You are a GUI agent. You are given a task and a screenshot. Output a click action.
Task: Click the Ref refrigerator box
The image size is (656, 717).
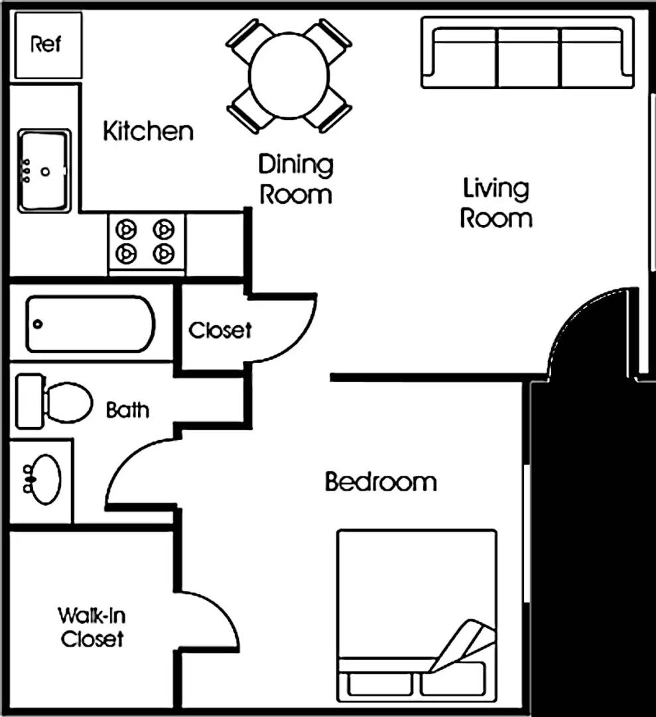[48, 45]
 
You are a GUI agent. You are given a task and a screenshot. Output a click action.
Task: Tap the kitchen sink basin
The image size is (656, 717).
[44, 171]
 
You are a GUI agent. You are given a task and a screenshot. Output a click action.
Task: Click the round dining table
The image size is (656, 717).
[289, 76]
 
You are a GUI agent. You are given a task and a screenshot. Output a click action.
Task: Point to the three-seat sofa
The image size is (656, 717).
[527, 52]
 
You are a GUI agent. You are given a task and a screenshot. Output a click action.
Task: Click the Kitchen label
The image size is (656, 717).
[148, 131]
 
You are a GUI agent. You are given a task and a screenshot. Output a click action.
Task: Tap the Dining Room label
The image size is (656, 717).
[296, 179]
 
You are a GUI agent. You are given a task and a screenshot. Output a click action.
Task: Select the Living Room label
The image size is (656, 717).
[496, 203]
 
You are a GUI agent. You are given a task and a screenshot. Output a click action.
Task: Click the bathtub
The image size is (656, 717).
[90, 324]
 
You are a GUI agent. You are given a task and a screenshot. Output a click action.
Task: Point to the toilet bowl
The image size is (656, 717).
[68, 402]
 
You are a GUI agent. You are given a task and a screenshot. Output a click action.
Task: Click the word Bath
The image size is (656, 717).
[127, 410]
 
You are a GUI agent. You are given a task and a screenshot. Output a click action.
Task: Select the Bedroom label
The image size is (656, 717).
[381, 482]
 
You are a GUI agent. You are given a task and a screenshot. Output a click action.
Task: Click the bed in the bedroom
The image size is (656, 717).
[417, 615]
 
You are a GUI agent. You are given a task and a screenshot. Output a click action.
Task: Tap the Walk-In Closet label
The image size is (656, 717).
[92, 627]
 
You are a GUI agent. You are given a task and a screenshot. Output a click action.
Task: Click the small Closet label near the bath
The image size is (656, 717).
[220, 330]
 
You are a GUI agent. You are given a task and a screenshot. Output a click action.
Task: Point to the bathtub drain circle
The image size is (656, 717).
[38, 324]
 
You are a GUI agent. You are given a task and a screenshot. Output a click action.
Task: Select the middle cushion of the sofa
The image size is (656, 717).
[528, 58]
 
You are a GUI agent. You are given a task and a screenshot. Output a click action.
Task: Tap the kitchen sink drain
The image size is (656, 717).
[44, 172]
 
